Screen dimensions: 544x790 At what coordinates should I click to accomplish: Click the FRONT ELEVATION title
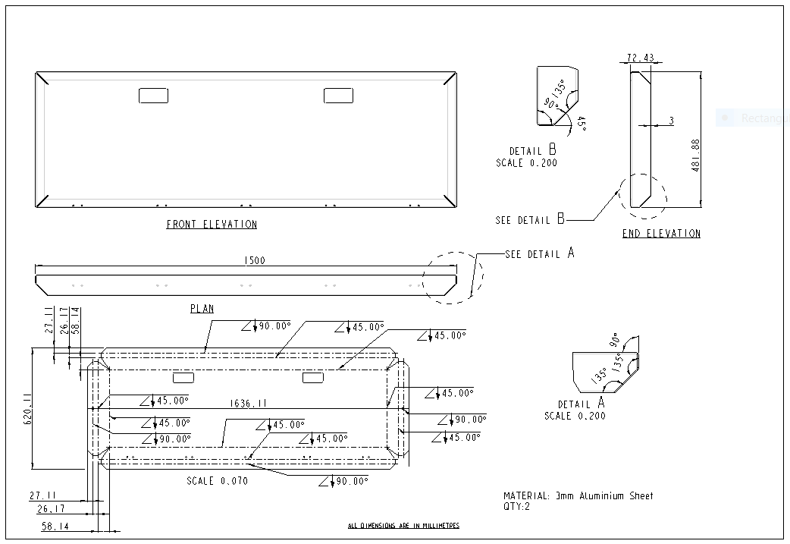coord(212,225)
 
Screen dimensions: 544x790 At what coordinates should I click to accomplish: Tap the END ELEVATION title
coord(661,234)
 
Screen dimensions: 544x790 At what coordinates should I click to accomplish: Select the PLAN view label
coord(202,309)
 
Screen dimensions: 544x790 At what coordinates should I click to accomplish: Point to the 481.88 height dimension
coord(695,156)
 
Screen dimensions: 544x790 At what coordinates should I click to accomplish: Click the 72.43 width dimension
coord(641,58)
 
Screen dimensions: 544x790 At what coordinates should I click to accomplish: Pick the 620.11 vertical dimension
coord(28,408)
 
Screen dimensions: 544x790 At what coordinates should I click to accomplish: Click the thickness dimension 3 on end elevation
coord(671,121)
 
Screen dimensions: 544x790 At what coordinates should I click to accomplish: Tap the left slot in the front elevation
coord(153,96)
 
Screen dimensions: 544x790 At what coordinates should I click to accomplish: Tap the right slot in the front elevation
coord(338,96)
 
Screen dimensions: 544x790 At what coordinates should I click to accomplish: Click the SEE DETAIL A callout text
coord(539,254)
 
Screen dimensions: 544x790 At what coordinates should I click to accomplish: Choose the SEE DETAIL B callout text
coord(530,220)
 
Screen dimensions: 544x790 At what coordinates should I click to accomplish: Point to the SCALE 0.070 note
coord(217,481)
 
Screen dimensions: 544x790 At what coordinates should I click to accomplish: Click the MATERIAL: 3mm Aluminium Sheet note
coord(578,496)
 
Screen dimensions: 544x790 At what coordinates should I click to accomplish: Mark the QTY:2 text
coord(517,507)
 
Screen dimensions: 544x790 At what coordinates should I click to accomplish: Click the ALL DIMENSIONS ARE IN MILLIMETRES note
coord(403,526)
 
